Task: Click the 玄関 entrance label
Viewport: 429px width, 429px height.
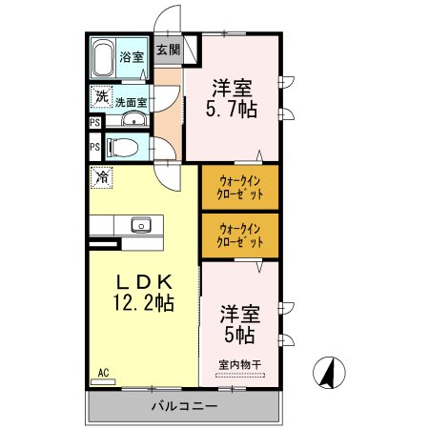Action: [x=168, y=49]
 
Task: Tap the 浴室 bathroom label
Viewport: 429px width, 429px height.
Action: [x=132, y=57]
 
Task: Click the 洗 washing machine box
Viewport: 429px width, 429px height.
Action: [x=100, y=97]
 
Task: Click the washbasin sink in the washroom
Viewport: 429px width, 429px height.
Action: [x=133, y=120]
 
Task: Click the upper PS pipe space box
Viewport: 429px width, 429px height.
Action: [x=95, y=123]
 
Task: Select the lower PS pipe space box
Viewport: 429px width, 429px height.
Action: [x=95, y=148]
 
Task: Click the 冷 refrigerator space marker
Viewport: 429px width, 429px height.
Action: [x=100, y=176]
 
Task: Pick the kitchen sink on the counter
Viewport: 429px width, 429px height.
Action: [x=140, y=225]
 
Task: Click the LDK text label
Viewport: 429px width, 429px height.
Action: [x=144, y=283]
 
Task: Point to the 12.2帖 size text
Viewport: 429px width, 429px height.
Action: [x=144, y=304]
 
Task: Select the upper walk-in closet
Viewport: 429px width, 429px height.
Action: [x=239, y=187]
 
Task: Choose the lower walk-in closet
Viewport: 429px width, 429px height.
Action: [x=239, y=235]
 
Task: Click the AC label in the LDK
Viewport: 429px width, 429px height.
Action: [x=103, y=373]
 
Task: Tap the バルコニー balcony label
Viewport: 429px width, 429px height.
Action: [x=184, y=407]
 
